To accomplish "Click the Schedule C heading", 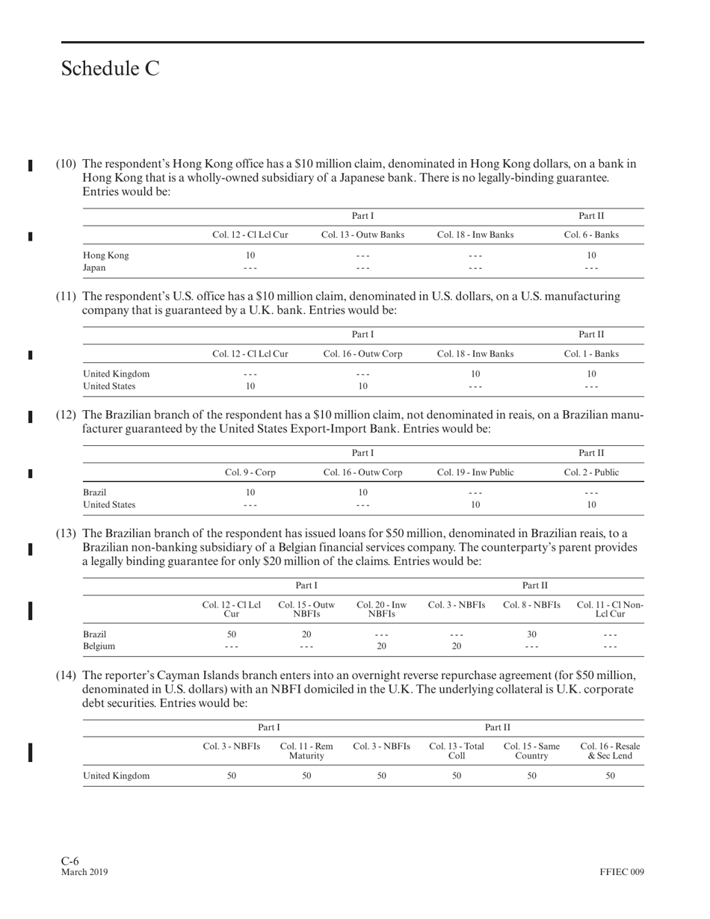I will tap(110, 69).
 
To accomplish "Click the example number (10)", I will tap(66, 164).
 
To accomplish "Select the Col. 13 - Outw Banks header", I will tap(362, 235).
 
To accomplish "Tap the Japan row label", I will tap(94, 267).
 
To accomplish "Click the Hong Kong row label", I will tap(105, 255).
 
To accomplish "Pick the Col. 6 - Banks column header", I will tap(591, 235).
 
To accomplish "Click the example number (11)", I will tap(66, 297).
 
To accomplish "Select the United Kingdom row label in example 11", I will tap(116, 374).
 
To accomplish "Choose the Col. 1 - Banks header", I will tap(591, 353).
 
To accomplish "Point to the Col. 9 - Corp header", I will tap(250, 472).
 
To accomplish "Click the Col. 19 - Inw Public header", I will tap(475, 472).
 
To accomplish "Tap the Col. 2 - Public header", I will tap(591, 472).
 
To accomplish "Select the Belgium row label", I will tap(99, 646).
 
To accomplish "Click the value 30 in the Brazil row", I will tap(531, 634).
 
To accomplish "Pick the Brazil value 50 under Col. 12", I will tap(232, 634).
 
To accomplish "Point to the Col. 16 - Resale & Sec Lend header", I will tap(610, 751).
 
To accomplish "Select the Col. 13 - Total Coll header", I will tap(457, 751).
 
